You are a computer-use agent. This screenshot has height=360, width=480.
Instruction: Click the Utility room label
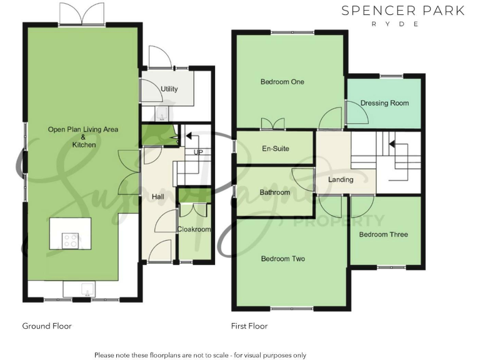point(169,89)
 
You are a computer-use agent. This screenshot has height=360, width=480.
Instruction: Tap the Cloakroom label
point(194,229)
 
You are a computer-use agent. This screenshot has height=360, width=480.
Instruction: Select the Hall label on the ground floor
point(158,197)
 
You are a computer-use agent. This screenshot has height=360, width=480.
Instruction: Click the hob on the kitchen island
point(70,239)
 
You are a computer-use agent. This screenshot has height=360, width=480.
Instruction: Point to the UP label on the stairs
point(198,152)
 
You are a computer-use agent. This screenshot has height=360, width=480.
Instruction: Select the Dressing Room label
point(384,103)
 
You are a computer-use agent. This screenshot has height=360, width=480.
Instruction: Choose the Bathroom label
point(275,192)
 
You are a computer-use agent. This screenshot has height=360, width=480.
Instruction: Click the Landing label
point(341,179)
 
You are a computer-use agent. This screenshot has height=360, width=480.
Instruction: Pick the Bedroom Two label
point(282,259)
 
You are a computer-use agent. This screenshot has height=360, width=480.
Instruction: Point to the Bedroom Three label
point(383,234)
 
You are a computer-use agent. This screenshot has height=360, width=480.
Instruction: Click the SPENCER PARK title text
point(402,11)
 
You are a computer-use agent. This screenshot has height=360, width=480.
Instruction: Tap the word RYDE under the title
point(402,24)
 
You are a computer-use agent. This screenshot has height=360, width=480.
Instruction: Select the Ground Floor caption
point(47,326)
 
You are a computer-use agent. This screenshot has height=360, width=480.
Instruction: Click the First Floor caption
point(249,326)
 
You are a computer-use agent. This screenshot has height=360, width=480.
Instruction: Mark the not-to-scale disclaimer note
point(200,355)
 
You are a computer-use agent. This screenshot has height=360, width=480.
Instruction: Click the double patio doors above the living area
point(81,12)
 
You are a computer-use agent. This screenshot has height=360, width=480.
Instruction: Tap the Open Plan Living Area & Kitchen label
point(83,137)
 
